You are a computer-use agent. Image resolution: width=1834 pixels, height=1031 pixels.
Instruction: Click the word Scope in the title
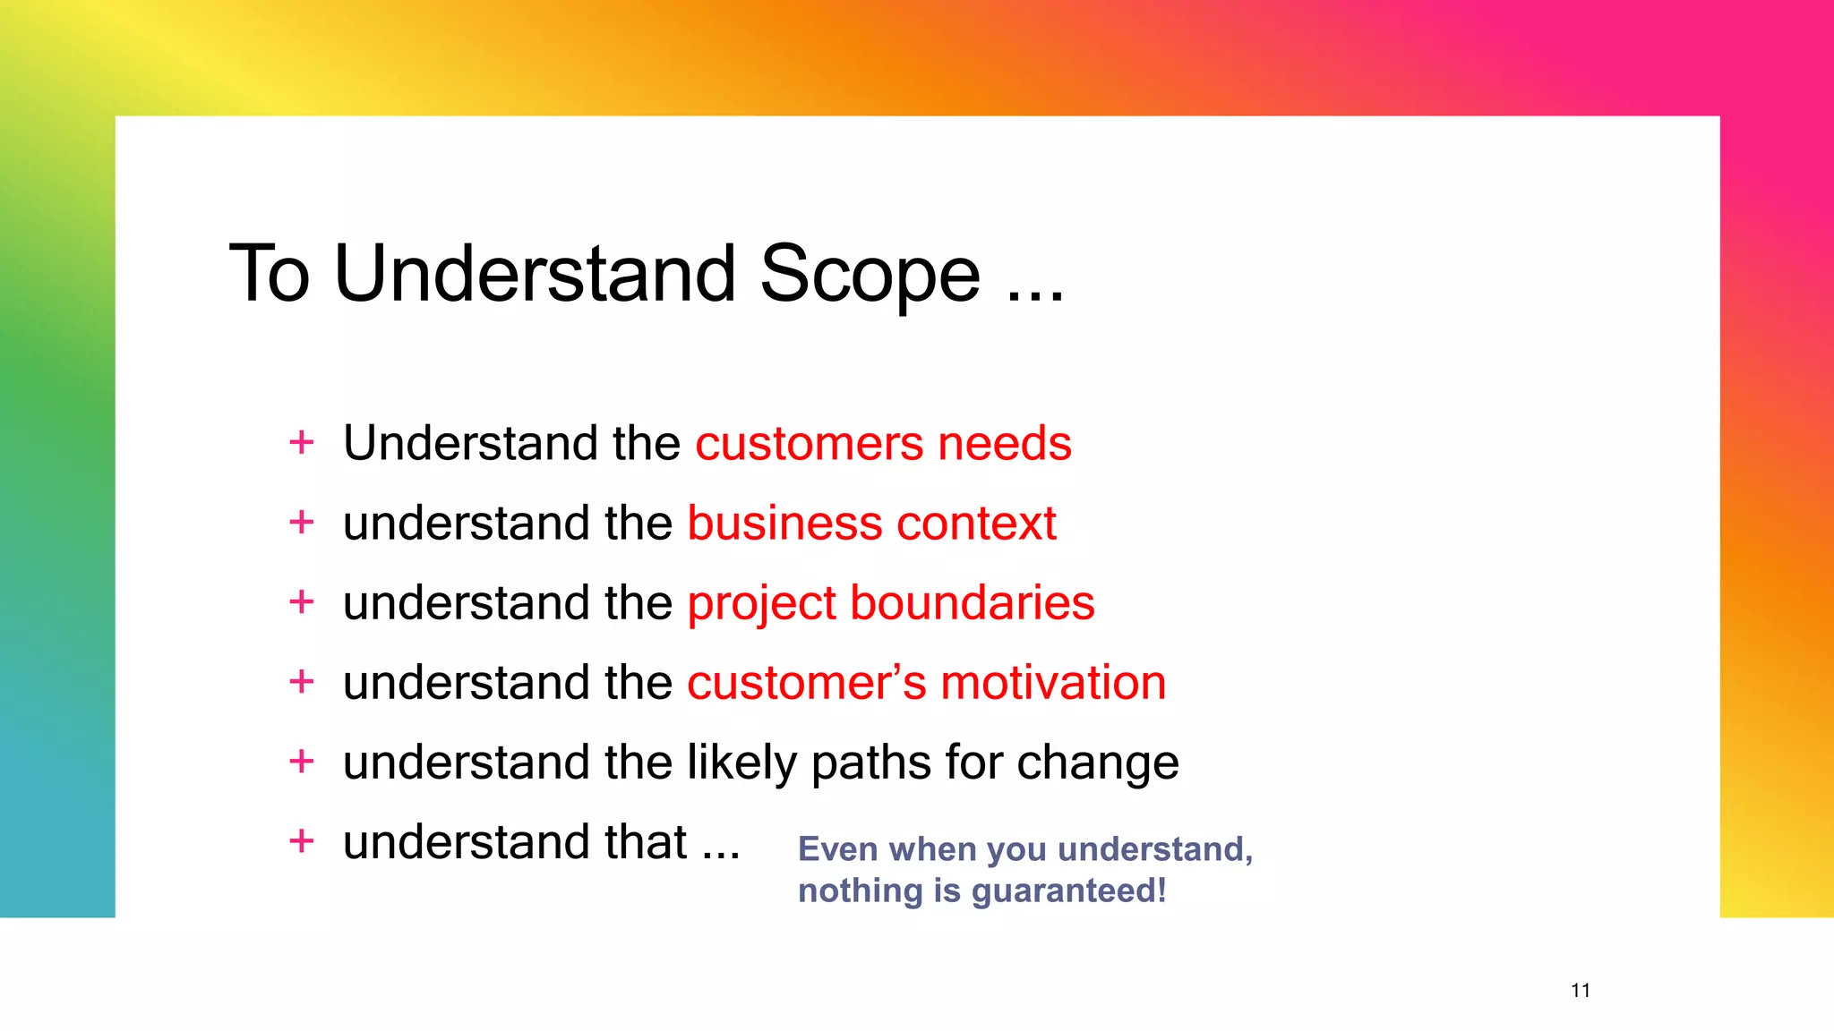pos(870,276)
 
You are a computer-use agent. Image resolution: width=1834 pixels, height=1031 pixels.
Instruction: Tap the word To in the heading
pos(270,274)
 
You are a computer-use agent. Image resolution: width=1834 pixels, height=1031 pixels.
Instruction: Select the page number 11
pos(1581,991)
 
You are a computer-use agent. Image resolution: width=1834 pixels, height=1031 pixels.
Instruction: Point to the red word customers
pos(809,444)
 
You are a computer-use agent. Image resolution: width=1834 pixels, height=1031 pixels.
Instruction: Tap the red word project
pos(760,604)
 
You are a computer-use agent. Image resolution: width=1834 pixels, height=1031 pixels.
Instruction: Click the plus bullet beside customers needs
pos(302,442)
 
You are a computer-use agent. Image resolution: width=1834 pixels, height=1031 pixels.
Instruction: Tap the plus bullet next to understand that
pos(302,841)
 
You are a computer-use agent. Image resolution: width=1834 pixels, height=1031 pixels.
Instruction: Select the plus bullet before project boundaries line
pos(302,602)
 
